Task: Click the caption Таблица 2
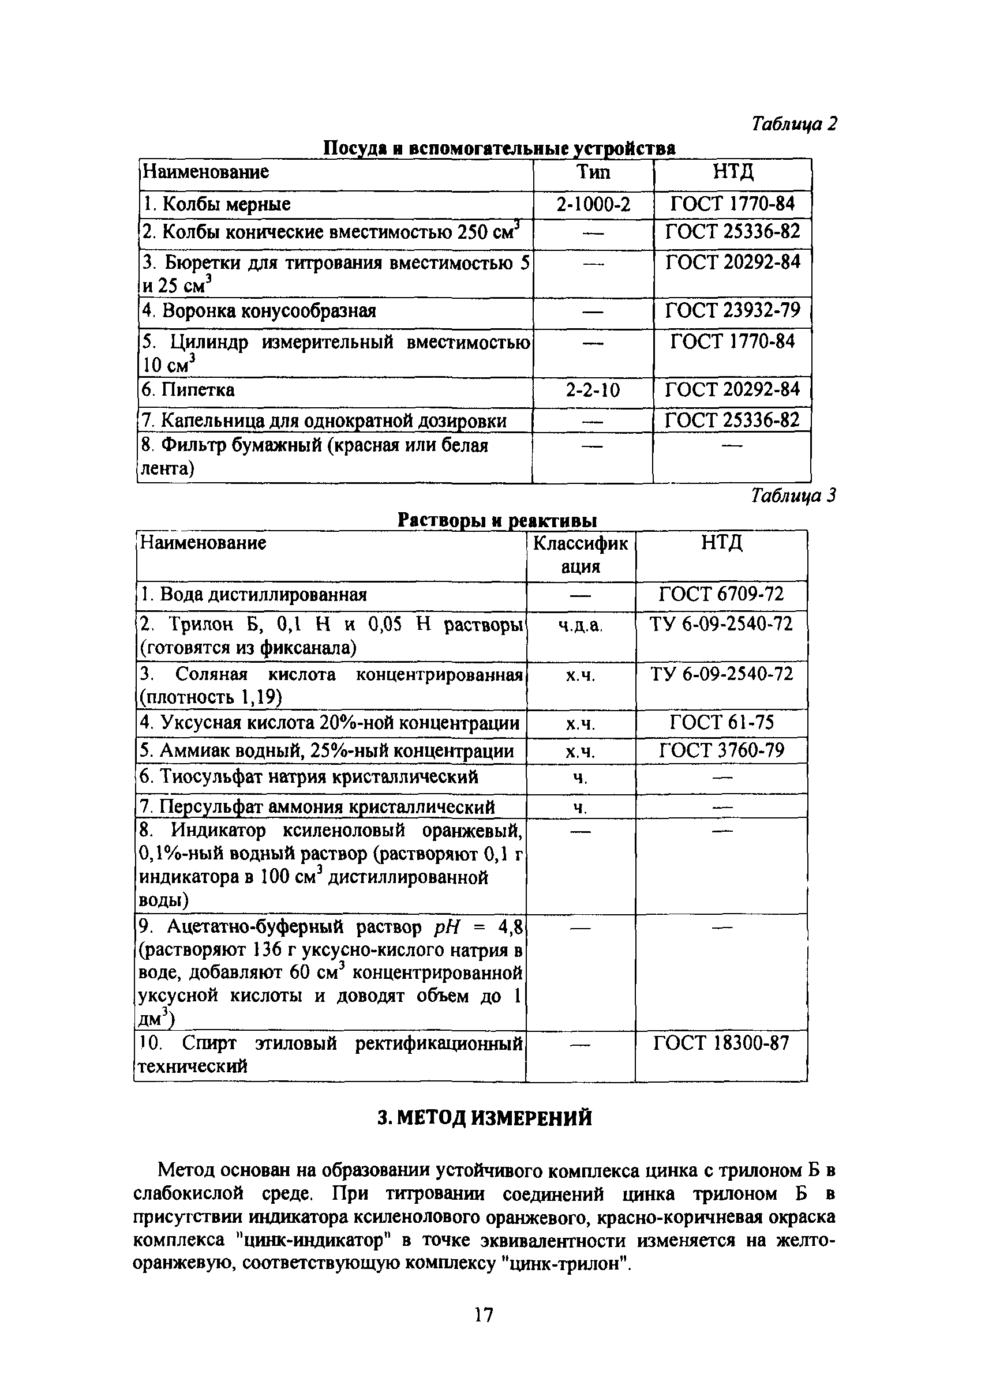793,124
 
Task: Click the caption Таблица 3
793,497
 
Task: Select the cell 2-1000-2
593,204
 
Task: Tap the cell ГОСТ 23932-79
732,311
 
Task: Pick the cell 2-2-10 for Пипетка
593,390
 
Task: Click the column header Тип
593,173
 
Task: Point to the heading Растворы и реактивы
497,520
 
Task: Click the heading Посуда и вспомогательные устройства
499,148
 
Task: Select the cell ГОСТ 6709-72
721,594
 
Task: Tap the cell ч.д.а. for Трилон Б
581,625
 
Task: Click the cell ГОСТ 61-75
721,723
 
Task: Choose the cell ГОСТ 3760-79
721,750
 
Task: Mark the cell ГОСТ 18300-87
721,1044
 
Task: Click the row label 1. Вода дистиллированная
254,595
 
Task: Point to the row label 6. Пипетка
188,390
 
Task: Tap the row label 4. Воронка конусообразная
259,311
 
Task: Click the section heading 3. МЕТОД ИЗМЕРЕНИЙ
484,1118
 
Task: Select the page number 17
484,1315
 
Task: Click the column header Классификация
581,554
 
